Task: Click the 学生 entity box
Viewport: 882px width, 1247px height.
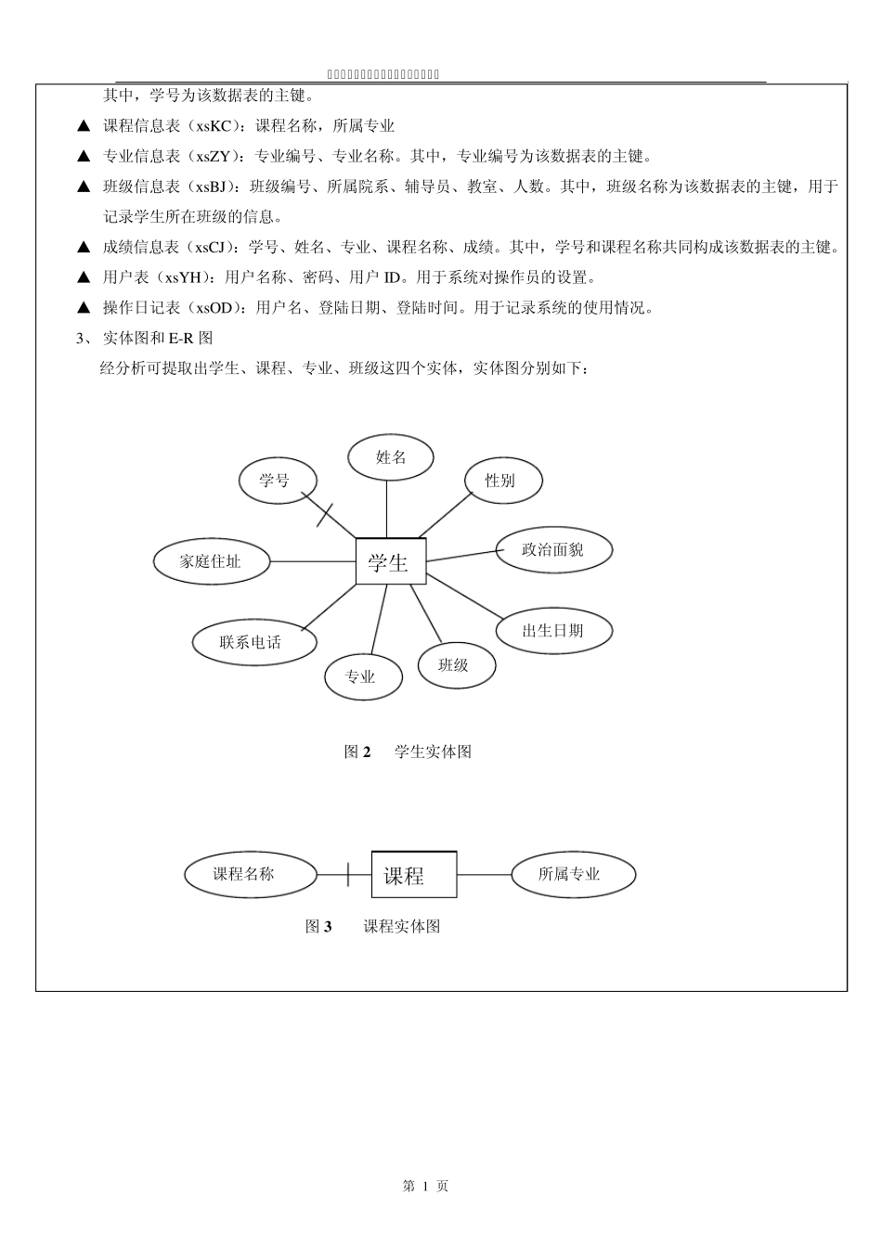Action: pyautogui.click(x=391, y=561)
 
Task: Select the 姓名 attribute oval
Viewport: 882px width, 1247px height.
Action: pyautogui.click(x=391, y=457)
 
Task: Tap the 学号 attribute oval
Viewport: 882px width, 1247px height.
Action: pyautogui.click(x=278, y=481)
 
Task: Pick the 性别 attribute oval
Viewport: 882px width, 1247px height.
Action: pyautogui.click(x=501, y=481)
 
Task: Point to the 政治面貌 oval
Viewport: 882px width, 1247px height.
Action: pyautogui.click(x=553, y=550)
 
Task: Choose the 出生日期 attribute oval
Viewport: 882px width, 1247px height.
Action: pyautogui.click(x=553, y=631)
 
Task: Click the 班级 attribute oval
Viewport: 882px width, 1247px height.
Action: pyautogui.click(x=455, y=665)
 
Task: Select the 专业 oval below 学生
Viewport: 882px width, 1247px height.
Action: pyautogui.click(x=363, y=677)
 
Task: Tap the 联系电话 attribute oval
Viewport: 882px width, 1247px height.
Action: pyautogui.click(x=253, y=642)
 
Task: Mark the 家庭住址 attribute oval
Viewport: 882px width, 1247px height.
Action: pyautogui.click(x=211, y=561)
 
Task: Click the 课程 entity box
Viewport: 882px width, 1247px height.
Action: pyautogui.click(x=414, y=875)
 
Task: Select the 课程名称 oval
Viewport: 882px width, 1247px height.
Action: pyautogui.click(x=250, y=874)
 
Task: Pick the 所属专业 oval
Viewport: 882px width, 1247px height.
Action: pyautogui.click(x=573, y=874)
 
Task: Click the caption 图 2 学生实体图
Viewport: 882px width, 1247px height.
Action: pyautogui.click(x=409, y=752)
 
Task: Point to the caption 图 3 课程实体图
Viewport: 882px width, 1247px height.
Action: pyautogui.click(x=372, y=926)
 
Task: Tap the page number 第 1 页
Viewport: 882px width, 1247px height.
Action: pyautogui.click(x=426, y=1186)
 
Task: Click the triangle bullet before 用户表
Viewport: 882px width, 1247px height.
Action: pyautogui.click(x=84, y=277)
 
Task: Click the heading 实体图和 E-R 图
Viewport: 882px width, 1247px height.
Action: pyautogui.click(x=158, y=338)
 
